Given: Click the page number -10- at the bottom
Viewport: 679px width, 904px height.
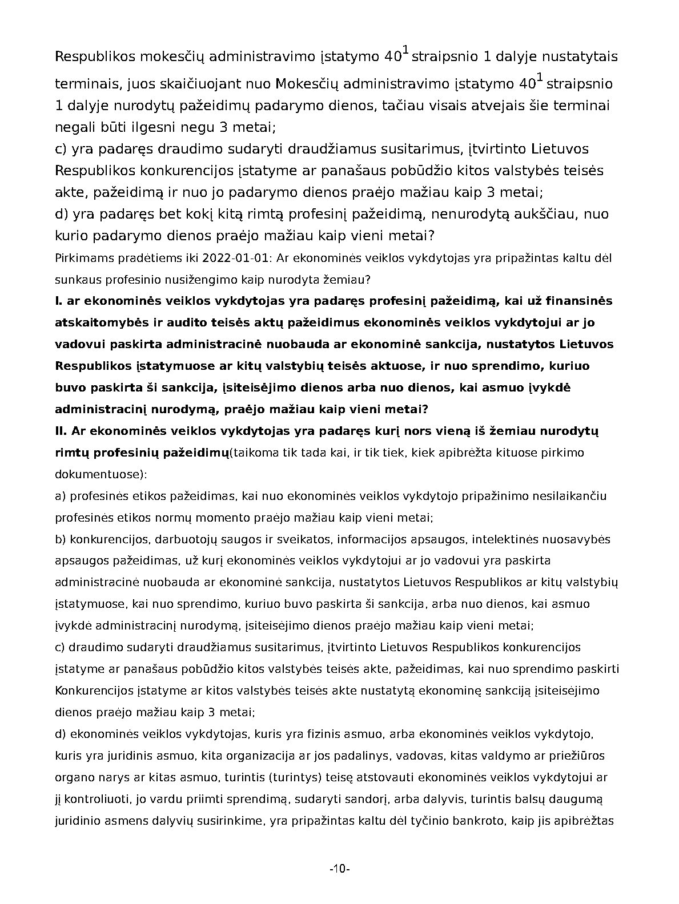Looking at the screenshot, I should point(339,869).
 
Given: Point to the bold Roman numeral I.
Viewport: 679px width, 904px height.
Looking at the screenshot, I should point(58,301).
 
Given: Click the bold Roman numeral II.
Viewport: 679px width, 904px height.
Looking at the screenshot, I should point(61,431).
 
